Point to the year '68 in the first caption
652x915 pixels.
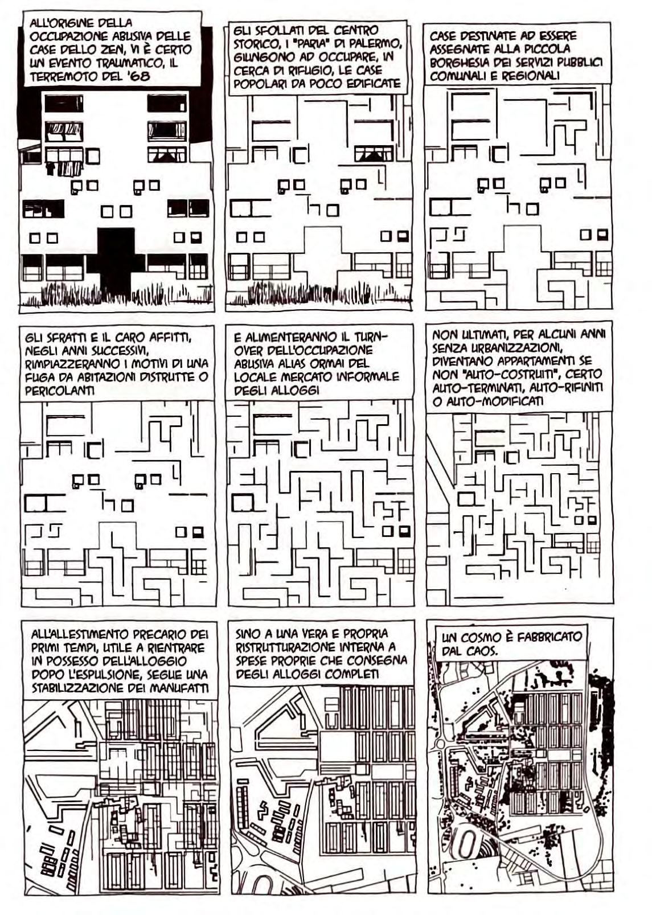click(138, 76)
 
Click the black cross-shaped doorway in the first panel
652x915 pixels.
click(116, 259)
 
